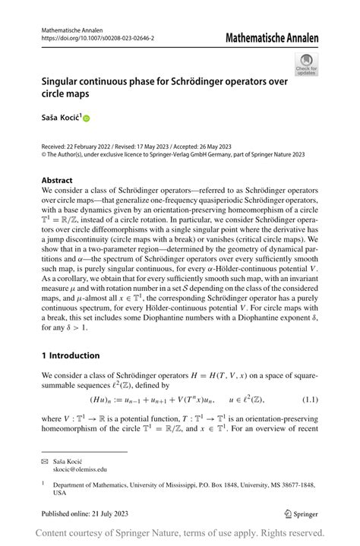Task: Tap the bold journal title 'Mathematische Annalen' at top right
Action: point(271,38)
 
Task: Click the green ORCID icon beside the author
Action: point(86,118)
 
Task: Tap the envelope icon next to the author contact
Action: point(46,461)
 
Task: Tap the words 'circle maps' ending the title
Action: point(65,95)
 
